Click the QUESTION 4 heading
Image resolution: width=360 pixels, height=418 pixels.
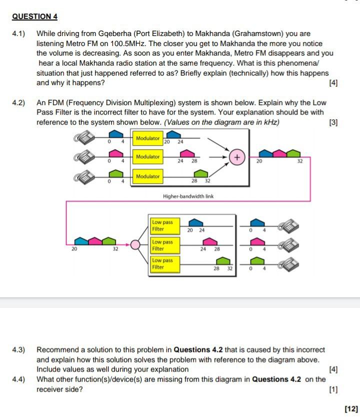34,17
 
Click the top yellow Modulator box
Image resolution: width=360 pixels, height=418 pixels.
147,138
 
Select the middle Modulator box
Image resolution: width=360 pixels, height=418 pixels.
147,157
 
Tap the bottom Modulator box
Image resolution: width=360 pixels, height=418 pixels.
147,176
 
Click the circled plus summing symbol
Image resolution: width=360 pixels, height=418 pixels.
237,158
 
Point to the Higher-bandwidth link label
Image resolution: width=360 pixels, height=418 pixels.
188,196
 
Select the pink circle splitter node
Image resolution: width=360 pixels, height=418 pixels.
135,245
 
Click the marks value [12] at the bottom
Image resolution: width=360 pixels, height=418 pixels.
351,409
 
